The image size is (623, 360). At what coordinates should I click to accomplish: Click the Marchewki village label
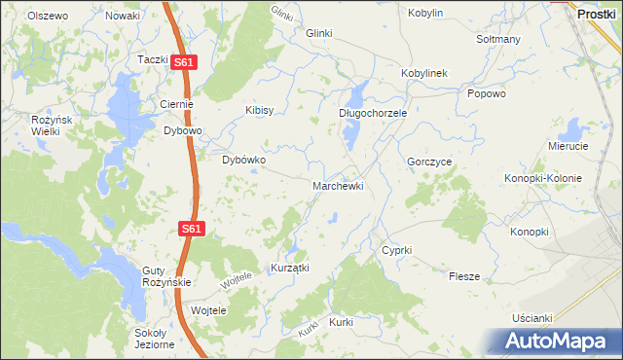pyautogui.click(x=338, y=185)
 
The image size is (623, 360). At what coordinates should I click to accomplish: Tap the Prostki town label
pyautogui.click(x=595, y=14)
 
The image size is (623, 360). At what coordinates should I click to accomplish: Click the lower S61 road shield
pyautogui.click(x=191, y=229)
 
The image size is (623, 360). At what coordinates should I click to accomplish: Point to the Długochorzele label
pyautogui.click(x=372, y=113)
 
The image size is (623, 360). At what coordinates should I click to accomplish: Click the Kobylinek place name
pyautogui.click(x=423, y=73)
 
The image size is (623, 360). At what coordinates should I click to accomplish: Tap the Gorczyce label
pyautogui.click(x=429, y=162)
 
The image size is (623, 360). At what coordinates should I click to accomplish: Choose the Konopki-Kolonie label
pyautogui.click(x=542, y=178)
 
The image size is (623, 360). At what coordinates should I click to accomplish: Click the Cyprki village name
pyautogui.click(x=396, y=250)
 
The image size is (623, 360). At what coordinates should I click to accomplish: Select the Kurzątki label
pyautogui.click(x=289, y=268)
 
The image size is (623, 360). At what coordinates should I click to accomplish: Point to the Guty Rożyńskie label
pyautogui.click(x=167, y=275)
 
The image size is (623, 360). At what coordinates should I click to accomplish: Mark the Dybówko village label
pyautogui.click(x=244, y=160)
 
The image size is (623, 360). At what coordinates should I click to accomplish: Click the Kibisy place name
pyautogui.click(x=259, y=110)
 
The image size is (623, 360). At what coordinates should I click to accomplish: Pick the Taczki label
pyautogui.click(x=153, y=59)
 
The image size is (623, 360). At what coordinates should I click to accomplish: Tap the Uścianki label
pyautogui.click(x=532, y=318)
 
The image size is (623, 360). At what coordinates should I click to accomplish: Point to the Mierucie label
pyautogui.click(x=568, y=145)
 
